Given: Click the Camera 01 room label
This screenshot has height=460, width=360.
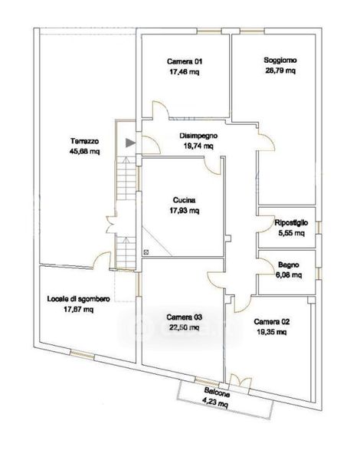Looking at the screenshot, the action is pyautogui.click(x=185, y=61).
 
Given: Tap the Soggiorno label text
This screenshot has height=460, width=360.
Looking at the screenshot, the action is pyautogui.click(x=280, y=60).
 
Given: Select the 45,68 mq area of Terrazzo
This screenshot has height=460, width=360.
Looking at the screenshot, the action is pyautogui.click(x=85, y=151).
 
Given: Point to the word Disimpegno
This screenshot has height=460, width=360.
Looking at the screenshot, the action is pyautogui.click(x=198, y=136).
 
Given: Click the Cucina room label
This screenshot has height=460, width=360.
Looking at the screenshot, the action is pyautogui.click(x=184, y=200).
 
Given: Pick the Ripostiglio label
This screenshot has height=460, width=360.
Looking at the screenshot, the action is pyautogui.click(x=291, y=222).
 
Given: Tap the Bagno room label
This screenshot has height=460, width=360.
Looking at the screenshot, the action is pyautogui.click(x=289, y=264).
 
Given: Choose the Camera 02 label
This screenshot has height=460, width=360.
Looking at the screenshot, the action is pyautogui.click(x=272, y=321).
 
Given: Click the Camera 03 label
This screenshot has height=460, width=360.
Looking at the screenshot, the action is pyautogui.click(x=185, y=317).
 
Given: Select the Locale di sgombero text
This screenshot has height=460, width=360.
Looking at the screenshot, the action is pyautogui.click(x=79, y=299).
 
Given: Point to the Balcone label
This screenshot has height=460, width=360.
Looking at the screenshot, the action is pyautogui.click(x=218, y=393).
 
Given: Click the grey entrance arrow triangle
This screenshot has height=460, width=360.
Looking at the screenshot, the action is pyautogui.click(x=130, y=143).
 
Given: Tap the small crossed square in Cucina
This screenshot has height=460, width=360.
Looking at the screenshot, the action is pyautogui.click(x=146, y=251).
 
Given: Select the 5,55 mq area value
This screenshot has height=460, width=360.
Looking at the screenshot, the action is pyautogui.click(x=291, y=233).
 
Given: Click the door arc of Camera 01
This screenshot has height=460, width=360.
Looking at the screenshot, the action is pyautogui.click(x=161, y=110).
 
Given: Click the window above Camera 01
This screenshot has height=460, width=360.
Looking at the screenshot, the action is pyautogui.click(x=209, y=31).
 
